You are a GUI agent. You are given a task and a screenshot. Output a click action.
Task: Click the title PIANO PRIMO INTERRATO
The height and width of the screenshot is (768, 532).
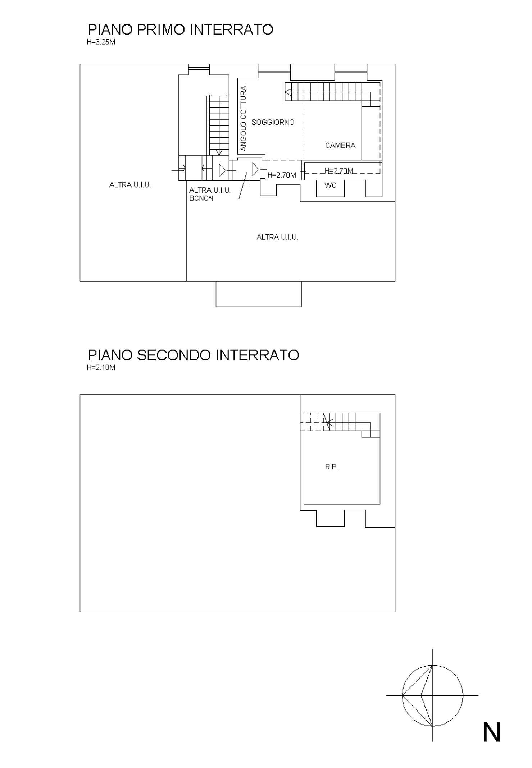tap(181, 29)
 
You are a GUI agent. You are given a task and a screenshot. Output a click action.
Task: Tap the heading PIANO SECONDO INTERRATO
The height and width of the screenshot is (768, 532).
tap(194, 355)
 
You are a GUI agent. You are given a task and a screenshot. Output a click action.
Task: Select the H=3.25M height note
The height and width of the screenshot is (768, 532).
tap(101, 42)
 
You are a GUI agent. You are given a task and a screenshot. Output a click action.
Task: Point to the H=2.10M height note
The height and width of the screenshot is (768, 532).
tap(101, 368)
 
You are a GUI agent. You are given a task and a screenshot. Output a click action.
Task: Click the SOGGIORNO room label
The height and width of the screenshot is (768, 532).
tap(273, 122)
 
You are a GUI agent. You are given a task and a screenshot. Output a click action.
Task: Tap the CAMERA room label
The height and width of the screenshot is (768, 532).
tap(340, 145)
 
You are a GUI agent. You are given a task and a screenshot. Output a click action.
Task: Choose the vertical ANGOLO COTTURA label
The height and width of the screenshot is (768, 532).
tap(243, 119)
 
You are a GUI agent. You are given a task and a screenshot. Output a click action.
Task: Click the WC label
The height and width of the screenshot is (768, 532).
tap(331, 185)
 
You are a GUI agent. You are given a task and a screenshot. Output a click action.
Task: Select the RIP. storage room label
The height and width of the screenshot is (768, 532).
tap(332, 467)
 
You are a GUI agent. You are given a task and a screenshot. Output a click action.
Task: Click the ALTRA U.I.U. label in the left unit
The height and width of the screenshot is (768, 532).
tap(130, 185)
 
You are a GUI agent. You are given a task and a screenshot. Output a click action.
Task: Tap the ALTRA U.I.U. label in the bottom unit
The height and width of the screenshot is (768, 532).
tap(277, 237)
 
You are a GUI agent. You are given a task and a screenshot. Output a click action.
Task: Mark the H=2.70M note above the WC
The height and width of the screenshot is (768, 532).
tap(339, 170)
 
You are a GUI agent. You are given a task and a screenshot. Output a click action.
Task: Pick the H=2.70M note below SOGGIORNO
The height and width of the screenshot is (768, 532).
tap(282, 175)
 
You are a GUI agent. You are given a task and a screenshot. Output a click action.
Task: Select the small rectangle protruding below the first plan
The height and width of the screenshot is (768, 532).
tap(259, 294)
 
